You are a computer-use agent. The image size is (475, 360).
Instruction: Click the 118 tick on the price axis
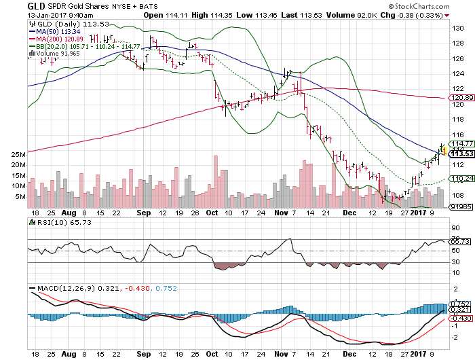point(458,119)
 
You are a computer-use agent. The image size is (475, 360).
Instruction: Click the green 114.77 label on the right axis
point(461,143)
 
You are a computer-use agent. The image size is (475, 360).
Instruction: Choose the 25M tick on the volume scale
point(18,154)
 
